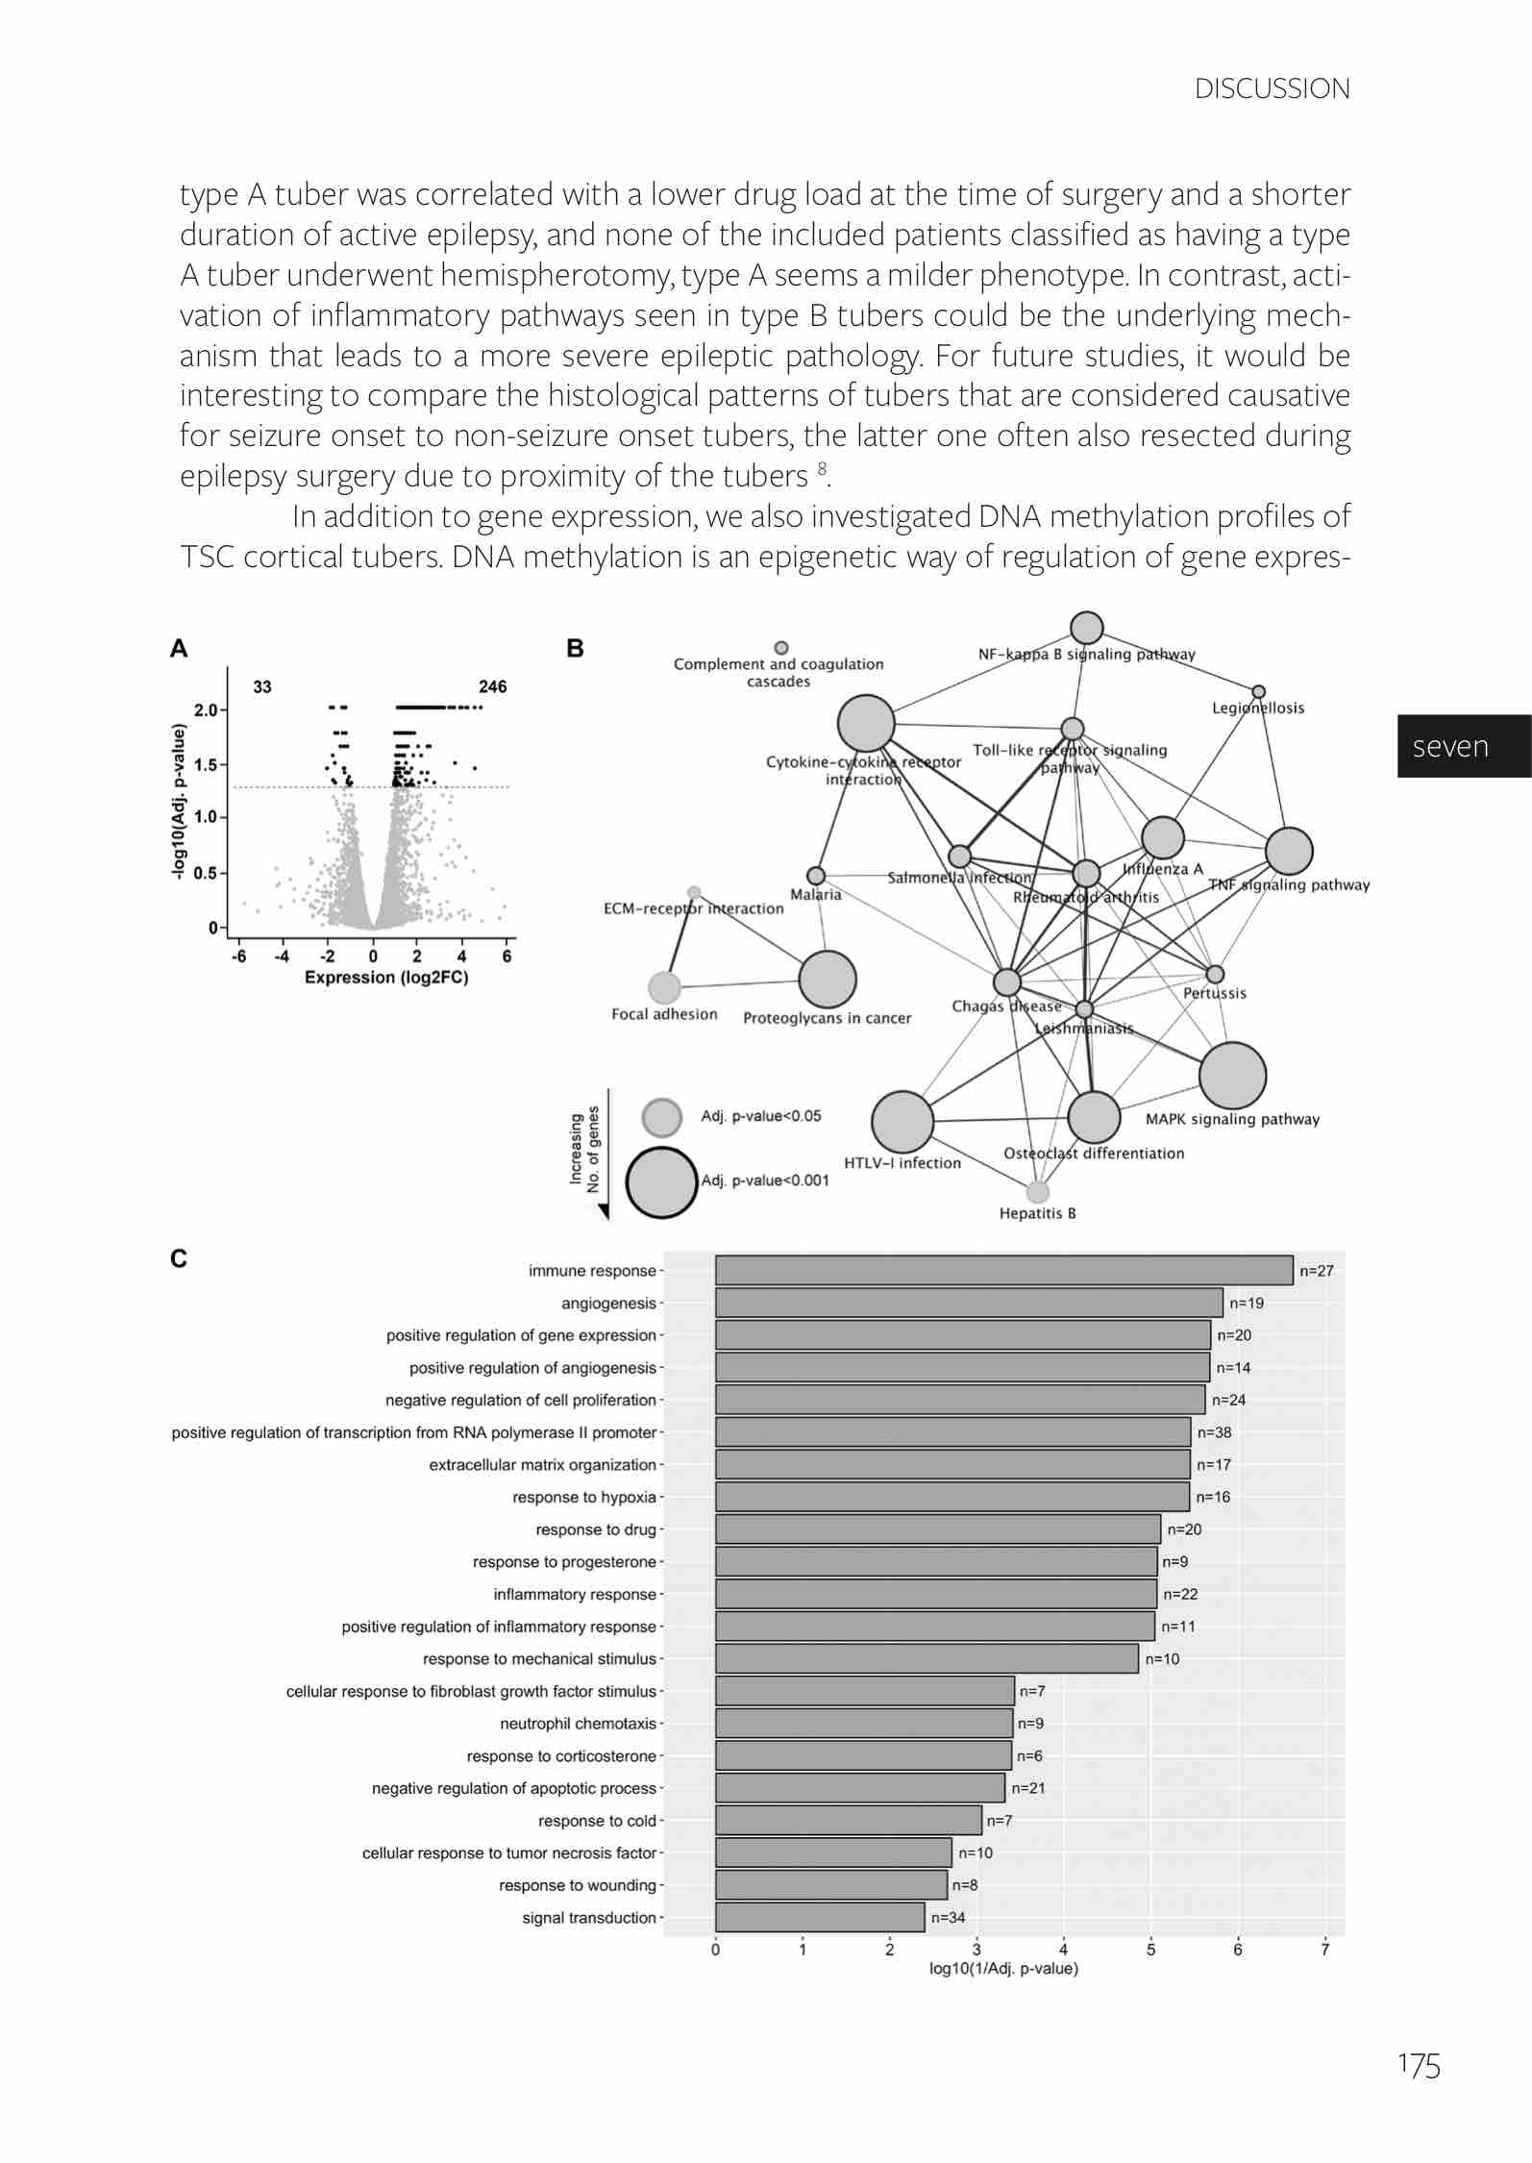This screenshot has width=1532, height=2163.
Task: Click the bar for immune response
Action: [1003, 1270]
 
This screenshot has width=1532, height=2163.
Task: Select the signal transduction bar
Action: [820, 1917]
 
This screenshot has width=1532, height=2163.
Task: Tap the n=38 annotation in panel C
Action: [1214, 1432]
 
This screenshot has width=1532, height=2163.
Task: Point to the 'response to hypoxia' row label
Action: [584, 1497]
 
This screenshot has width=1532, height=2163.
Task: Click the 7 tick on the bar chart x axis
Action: [1324, 1951]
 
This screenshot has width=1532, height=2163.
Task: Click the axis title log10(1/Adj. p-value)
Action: [1003, 1969]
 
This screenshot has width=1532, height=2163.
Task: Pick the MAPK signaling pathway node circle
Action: [1232, 1075]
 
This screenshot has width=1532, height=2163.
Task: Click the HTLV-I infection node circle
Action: [902, 1121]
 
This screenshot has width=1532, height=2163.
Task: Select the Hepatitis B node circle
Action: [1037, 1192]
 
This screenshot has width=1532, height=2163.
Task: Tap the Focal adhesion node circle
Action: [664, 986]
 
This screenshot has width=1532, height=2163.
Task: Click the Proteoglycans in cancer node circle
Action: [827, 980]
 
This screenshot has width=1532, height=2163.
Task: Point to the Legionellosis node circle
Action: [1258, 692]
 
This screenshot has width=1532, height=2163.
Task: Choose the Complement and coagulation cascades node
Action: [781, 647]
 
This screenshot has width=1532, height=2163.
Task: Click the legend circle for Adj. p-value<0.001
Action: [661, 1182]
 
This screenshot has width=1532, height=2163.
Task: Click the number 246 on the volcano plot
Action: [492, 686]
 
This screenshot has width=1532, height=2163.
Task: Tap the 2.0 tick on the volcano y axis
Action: [206, 710]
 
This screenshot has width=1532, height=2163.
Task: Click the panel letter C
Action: [179, 1258]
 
